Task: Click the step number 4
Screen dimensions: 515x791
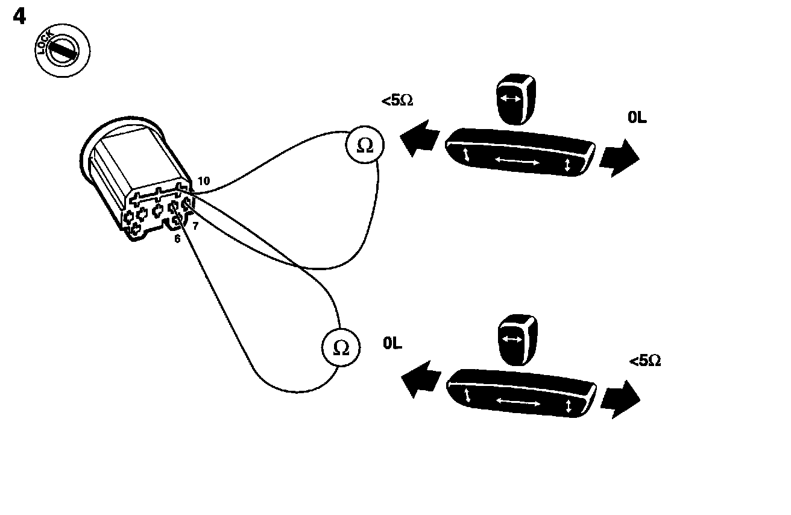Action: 19,16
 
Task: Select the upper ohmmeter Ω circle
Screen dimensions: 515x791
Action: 365,146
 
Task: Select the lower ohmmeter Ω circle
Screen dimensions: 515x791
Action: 341,348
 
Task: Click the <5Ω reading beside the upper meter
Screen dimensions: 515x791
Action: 397,101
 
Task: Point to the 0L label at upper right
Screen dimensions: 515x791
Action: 637,118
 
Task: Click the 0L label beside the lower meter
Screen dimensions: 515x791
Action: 392,343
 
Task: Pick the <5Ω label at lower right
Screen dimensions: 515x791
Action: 645,361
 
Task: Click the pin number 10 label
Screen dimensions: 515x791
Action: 203,181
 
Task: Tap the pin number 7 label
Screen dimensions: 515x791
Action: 195,226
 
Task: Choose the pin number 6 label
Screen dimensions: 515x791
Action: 177,239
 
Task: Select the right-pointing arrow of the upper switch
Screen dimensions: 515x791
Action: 618,158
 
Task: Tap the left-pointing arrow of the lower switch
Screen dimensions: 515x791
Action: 420,379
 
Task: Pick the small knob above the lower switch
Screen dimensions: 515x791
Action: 516,340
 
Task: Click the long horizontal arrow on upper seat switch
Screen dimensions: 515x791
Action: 517,160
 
